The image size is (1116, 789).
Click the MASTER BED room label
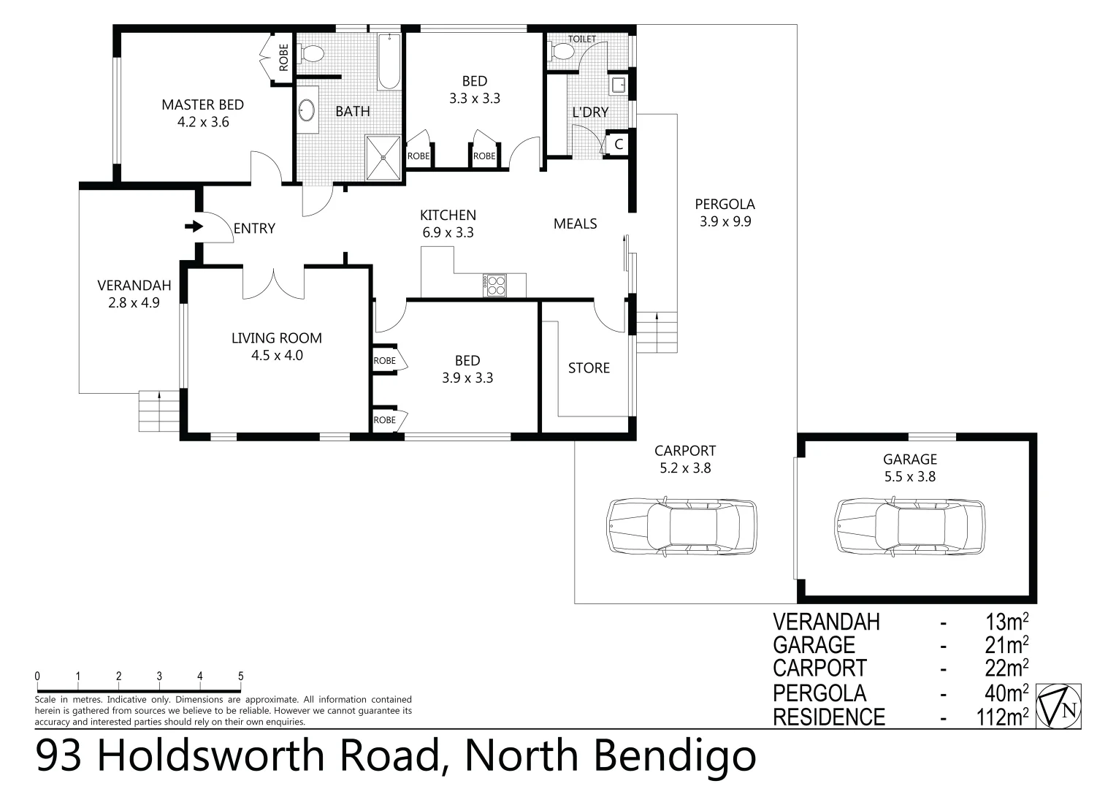tap(202, 105)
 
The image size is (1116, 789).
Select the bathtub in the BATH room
tap(389, 61)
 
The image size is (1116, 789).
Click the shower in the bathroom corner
tap(383, 156)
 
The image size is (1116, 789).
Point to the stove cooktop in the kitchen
tap(494, 285)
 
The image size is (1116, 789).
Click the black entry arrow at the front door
tap(194, 227)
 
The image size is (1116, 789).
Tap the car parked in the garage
tap(909, 527)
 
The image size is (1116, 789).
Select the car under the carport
tap(681, 527)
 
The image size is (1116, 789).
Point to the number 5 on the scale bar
tap(240, 676)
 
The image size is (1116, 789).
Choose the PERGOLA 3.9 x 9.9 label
tap(725, 213)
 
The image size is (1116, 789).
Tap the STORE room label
tap(589, 368)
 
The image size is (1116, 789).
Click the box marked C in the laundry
tap(618, 145)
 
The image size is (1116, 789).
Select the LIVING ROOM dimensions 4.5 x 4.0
tap(277, 356)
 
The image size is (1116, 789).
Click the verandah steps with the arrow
tap(158, 411)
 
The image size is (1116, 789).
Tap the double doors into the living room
tap(273, 283)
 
